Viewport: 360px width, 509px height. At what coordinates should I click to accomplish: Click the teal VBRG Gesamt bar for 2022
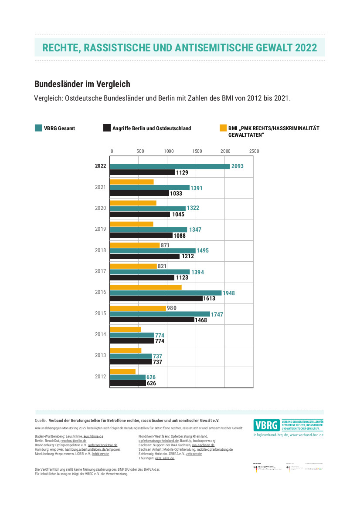tap(170, 166)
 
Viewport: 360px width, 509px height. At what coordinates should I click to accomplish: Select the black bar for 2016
tap(156, 298)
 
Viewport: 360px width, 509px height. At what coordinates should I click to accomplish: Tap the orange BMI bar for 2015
tap(137, 308)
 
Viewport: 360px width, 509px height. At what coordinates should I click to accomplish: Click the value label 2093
tap(238, 166)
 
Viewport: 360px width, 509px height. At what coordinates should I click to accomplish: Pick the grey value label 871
tap(165, 245)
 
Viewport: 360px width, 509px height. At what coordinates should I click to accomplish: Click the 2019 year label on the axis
tap(100, 229)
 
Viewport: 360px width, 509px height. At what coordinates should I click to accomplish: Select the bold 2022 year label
tap(100, 166)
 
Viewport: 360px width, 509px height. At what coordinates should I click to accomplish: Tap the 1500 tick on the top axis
tap(197, 151)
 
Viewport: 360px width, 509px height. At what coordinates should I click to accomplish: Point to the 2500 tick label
tap(254, 151)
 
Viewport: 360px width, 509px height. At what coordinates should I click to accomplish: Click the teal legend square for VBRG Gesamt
tap(38, 128)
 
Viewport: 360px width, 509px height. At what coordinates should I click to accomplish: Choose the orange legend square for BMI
tap(223, 128)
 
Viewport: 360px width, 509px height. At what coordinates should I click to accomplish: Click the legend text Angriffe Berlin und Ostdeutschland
tap(152, 128)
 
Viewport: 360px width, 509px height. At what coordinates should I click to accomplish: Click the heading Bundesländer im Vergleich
tap(82, 84)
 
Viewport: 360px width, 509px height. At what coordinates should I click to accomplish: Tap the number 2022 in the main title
tap(306, 48)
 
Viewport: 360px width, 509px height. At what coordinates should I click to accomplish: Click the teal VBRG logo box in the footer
tap(267, 425)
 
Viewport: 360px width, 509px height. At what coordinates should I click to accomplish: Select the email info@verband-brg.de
tap(270, 435)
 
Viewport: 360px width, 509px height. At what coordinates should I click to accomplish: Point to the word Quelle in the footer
tap(41, 421)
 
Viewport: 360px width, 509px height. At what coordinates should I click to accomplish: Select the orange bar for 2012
tap(122, 371)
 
